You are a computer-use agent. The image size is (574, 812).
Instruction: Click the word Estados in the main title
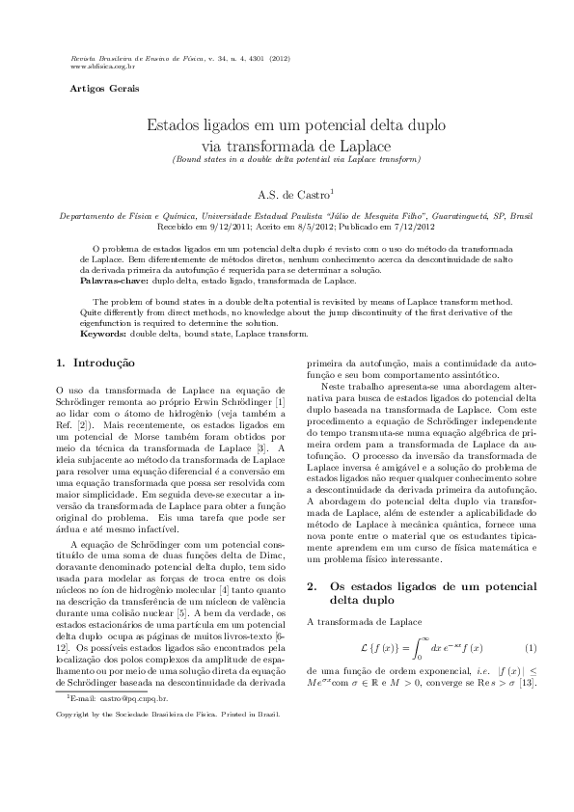(178, 125)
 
